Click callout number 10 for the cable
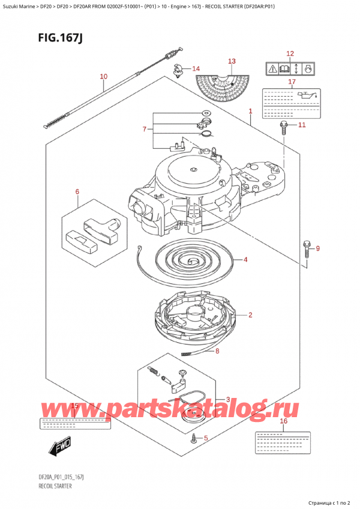(x=103, y=76)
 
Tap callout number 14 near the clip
(x=196, y=68)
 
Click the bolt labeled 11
(x=284, y=127)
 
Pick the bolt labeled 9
(x=307, y=246)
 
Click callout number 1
(x=250, y=111)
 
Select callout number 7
(x=143, y=129)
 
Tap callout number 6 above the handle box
(x=77, y=192)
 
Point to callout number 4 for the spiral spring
(x=246, y=260)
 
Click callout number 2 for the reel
(x=250, y=315)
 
